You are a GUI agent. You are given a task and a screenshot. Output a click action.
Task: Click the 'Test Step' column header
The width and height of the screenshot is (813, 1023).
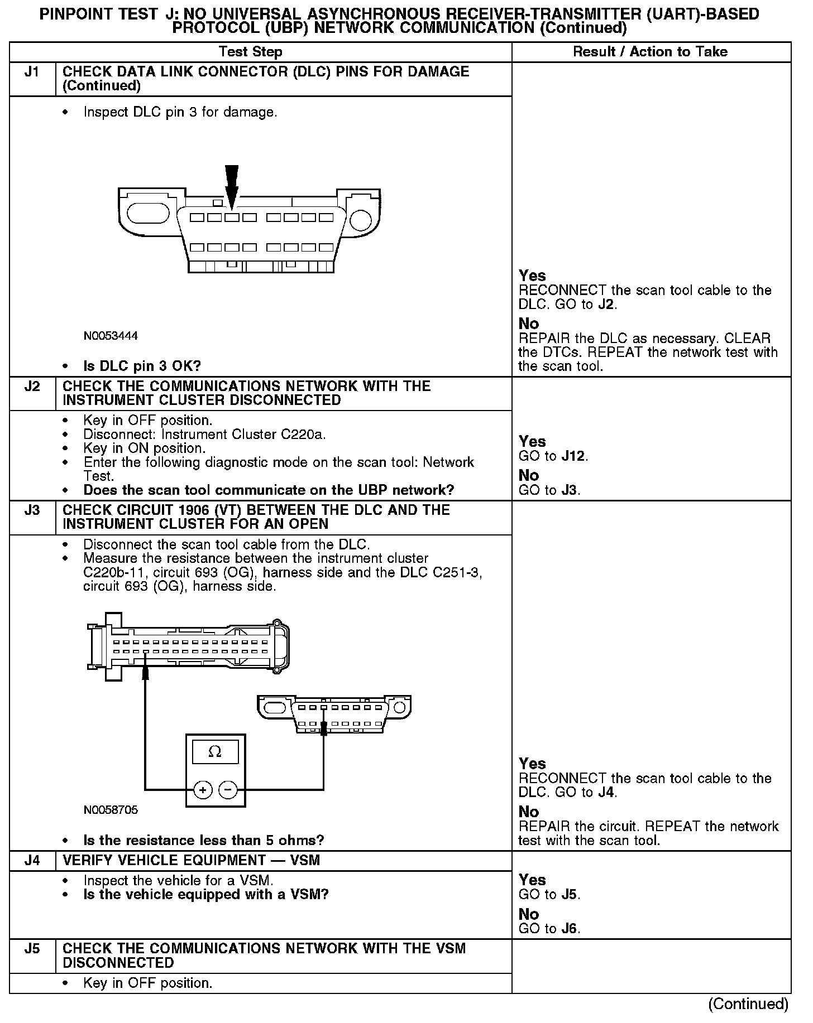coord(251,52)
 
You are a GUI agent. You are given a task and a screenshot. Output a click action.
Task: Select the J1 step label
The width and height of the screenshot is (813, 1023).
coord(32,72)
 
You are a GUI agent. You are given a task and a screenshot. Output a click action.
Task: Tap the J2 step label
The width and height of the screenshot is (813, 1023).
coord(32,387)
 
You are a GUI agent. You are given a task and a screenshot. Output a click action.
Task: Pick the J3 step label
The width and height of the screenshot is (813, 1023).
coord(32,510)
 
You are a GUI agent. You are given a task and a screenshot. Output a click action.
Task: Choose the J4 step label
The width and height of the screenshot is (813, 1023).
coord(32,860)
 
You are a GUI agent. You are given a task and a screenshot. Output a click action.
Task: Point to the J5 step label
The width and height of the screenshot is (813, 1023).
coord(32,949)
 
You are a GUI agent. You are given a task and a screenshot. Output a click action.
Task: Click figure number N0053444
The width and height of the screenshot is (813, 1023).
coord(111,336)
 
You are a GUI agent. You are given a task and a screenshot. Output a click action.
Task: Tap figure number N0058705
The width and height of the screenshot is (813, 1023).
coord(111,810)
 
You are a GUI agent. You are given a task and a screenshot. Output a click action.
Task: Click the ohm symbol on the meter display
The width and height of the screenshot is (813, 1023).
coord(214,752)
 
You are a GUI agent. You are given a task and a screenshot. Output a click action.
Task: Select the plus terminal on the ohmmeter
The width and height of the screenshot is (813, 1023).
coord(203,790)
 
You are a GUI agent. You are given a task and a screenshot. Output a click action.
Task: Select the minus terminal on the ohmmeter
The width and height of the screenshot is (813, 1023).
coord(228,790)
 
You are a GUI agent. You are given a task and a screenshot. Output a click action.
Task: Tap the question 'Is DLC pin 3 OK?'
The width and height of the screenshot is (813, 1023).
coord(142,366)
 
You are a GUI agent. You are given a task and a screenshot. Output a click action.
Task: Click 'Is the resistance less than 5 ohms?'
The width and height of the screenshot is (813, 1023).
coord(203,841)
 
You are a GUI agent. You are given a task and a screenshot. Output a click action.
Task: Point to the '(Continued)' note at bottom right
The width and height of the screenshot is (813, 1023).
coord(748,1004)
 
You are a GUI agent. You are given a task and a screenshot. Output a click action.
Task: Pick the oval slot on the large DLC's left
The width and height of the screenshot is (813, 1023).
coord(148,214)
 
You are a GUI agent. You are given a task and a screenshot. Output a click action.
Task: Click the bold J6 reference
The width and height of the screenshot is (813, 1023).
coord(570,929)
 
